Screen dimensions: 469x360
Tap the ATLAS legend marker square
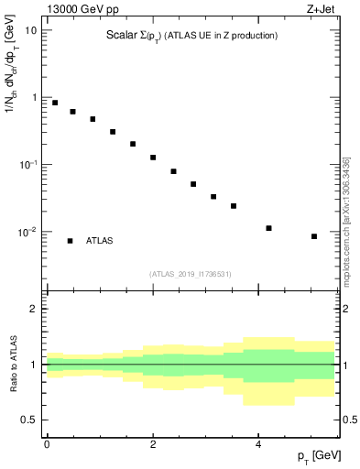pos(70,241)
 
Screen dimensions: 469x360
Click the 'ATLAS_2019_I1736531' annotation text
pos(191,273)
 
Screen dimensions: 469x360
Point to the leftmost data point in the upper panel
pos(55,103)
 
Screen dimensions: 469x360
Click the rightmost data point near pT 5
pos(314,236)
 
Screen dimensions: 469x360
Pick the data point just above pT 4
pos(268,228)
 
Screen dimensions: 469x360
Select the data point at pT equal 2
pos(153,158)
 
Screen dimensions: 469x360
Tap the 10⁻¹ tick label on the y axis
pos(28,164)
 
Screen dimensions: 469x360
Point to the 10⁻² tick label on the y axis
pos(28,232)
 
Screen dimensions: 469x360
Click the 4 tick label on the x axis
pos(259,443)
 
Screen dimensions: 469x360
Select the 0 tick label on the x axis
pos(47,443)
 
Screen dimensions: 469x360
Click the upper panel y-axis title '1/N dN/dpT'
pos(11,92)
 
